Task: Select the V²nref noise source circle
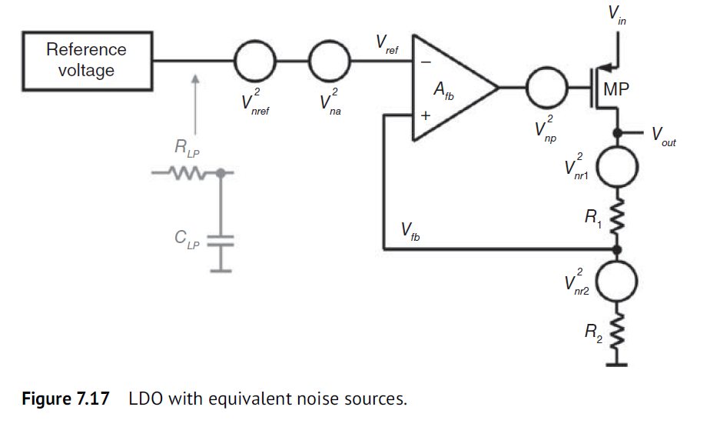pos(254,60)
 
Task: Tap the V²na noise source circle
pos(330,60)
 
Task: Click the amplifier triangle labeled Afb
pos(450,88)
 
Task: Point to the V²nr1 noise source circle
pos(617,168)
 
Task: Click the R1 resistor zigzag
pos(617,220)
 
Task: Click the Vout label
pos(663,137)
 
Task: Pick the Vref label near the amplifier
pos(387,43)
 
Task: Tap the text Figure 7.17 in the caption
pos(61,401)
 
